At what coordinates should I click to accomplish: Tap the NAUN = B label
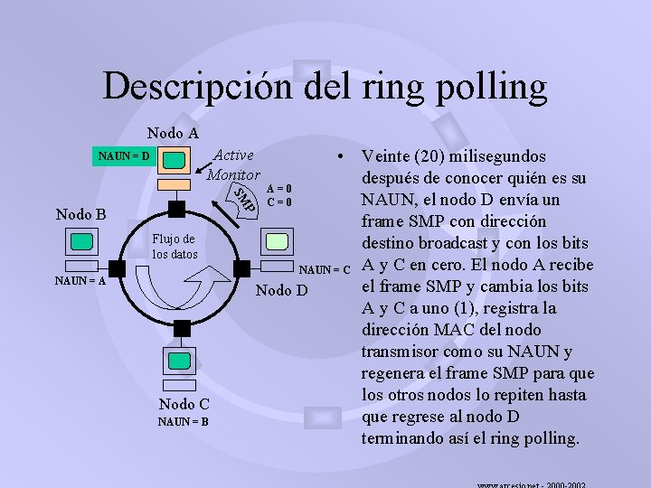184,421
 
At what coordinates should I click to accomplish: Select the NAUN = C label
325,269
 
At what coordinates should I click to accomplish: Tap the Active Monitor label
233,164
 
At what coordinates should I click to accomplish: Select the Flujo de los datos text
175,246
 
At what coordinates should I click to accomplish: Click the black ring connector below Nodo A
177,210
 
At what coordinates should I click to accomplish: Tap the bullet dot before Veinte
337,155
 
